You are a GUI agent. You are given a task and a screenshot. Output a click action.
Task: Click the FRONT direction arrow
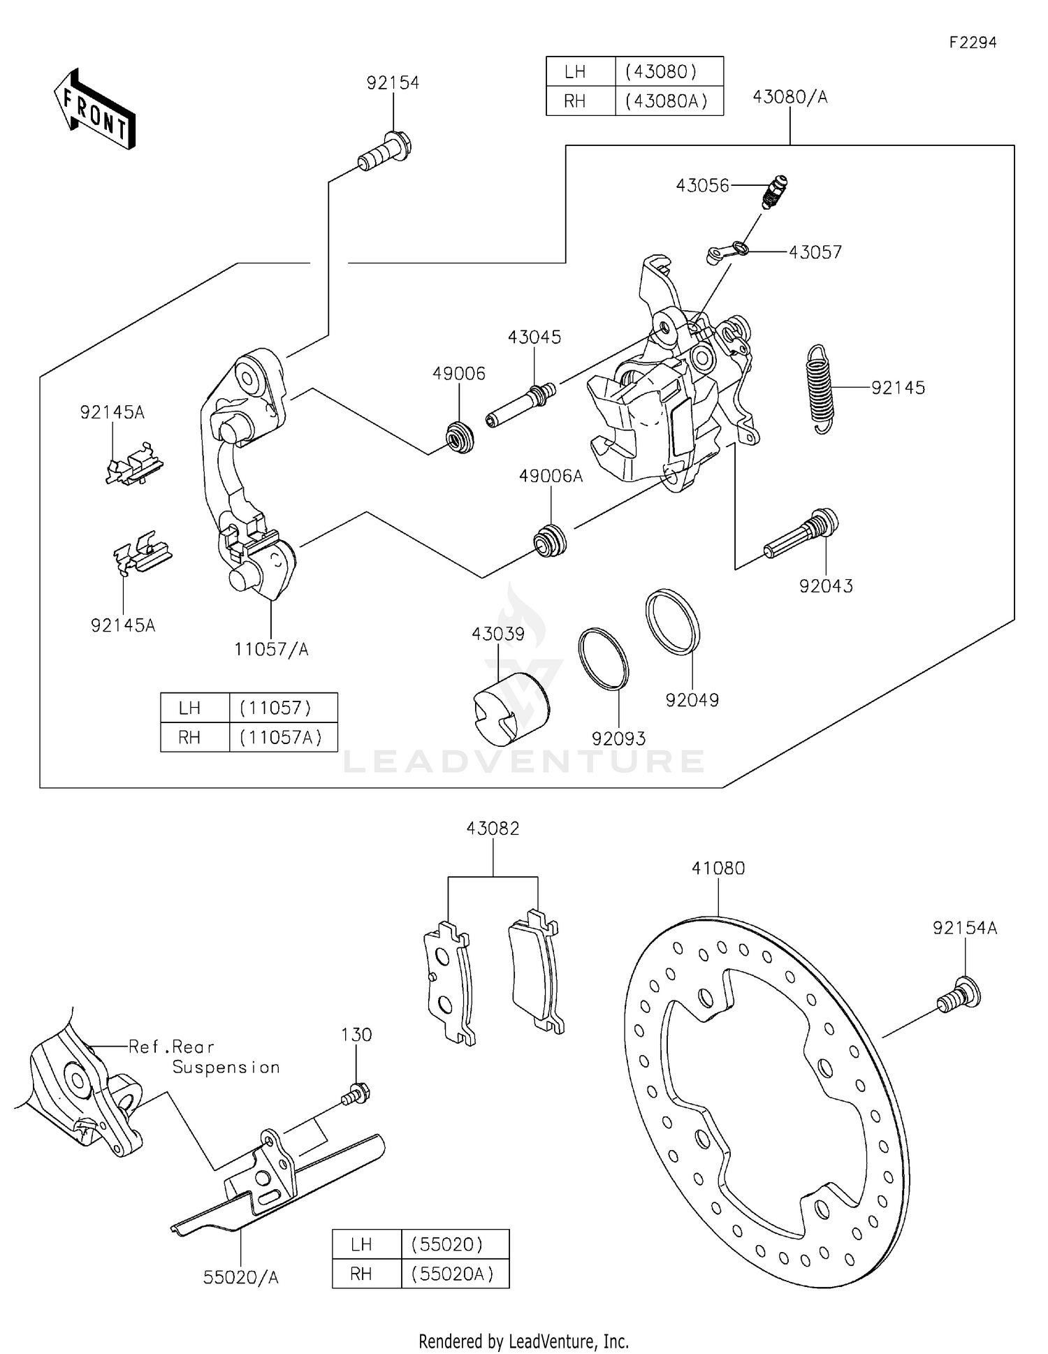(x=94, y=110)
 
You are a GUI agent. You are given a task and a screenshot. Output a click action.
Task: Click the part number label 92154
(x=393, y=83)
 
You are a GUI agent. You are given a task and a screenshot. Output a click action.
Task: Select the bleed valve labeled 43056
(x=774, y=192)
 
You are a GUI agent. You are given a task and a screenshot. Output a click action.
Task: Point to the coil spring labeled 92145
(x=821, y=388)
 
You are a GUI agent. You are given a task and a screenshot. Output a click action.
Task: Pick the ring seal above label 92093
(x=603, y=659)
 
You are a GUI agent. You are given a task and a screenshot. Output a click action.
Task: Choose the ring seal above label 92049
(x=672, y=622)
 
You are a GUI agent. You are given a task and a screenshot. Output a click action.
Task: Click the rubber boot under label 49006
(x=460, y=438)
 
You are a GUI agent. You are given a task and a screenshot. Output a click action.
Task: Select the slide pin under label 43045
(x=521, y=405)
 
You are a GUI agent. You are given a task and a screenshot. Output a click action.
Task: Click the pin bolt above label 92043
(x=802, y=534)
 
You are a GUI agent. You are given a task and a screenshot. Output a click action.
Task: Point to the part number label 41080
(x=718, y=868)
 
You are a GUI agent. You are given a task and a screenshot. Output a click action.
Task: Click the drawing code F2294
(x=972, y=43)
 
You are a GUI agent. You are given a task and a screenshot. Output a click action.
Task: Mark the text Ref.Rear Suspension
(x=204, y=1056)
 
